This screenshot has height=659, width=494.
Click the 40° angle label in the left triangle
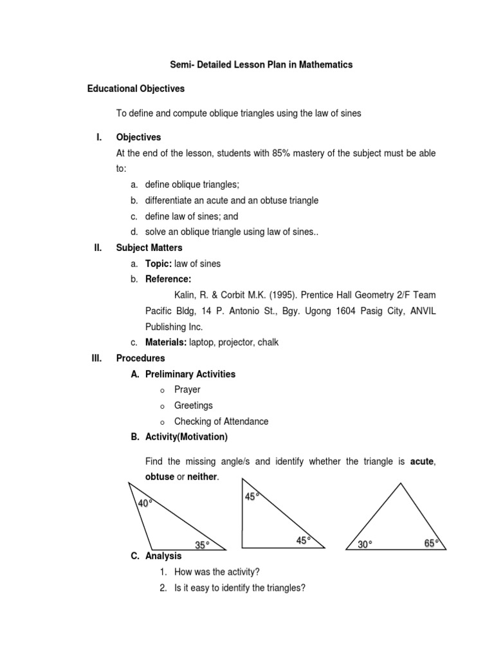pos(145,503)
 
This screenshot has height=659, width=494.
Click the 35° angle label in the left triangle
pos(202,545)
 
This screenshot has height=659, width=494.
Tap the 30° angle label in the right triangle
pos(365,544)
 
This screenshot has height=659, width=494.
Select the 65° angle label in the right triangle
pos(432,544)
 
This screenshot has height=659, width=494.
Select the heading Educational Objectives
pos(136,89)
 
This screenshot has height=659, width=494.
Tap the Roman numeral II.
pos(97,248)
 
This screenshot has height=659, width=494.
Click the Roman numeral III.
pos(97,358)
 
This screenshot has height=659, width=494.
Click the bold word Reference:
pos(168,279)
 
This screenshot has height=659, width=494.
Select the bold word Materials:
pos(165,342)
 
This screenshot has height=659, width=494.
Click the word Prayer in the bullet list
pos(187,390)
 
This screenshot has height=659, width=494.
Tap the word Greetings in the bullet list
pos(193,405)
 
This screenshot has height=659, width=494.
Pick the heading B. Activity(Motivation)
pos(179,437)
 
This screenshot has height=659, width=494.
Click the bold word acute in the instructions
pos(422,461)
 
